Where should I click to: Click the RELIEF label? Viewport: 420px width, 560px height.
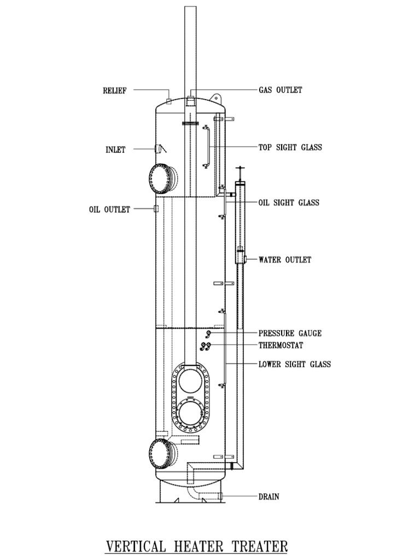coord(115,91)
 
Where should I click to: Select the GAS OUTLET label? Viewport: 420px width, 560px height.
coord(280,90)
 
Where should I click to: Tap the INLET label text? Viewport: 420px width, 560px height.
coord(115,150)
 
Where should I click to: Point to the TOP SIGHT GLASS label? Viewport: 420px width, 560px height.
coord(290,147)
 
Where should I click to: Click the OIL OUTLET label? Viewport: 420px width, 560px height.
coord(109,209)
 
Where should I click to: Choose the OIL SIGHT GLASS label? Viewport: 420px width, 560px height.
coord(289,202)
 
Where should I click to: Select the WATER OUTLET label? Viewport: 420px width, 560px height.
coord(284,260)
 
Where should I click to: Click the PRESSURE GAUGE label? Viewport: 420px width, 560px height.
coord(290,333)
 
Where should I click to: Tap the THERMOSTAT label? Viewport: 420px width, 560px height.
coord(281,345)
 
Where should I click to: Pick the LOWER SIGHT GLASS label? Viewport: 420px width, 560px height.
coord(294,364)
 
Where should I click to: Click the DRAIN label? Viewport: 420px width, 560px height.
coord(269,497)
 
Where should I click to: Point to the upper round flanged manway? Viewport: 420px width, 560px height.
coord(162,178)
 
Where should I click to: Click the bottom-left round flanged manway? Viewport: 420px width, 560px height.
coord(162,454)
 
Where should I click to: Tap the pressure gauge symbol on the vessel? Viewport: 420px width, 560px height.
coord(208,334)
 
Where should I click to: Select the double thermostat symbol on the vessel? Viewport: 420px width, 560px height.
coord(206,346)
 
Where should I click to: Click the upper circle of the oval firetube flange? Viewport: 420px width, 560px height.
coord(190,381)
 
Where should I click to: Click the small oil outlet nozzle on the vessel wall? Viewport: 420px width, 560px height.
coord(156,209)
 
